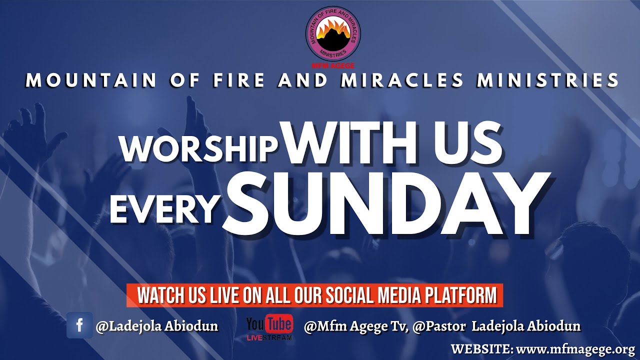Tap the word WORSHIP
click(x=199, y=147)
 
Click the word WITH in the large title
click(x=348, y=143)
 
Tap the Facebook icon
click(x=79, y=325)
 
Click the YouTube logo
click(x=269, y=324)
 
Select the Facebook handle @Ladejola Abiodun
click(x=157, y=326)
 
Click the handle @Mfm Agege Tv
click(x=356, y=326)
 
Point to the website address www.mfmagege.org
click(x=575, y=348)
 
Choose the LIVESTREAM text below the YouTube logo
click(x=269, y=338)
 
